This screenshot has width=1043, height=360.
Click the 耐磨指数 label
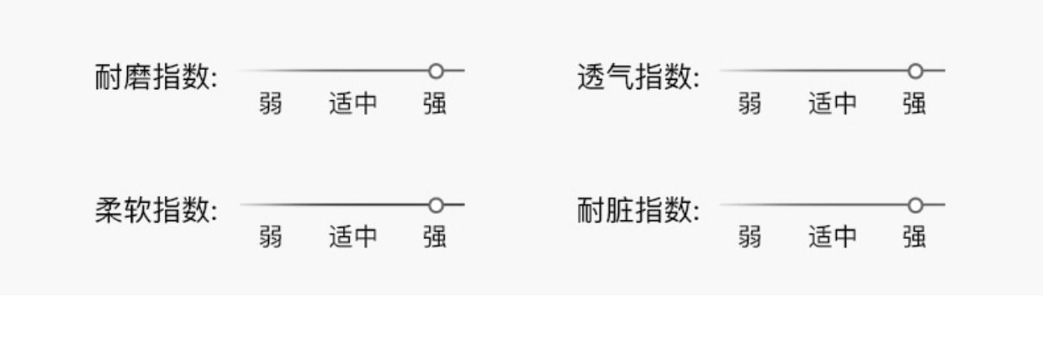pyautogui.click(x=156, y=77)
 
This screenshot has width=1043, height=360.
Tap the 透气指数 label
pyautogui.click(x=638, y=77)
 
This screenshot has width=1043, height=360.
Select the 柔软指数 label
pyautogui.click(x=156, y=210)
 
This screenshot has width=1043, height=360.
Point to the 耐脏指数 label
pyautogui.click(x=638, y=210)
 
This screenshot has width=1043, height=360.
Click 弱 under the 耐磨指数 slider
pyautogui.click(x=271, y=103)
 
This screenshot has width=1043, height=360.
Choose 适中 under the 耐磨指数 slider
pyautogui.click(x=353, y=103)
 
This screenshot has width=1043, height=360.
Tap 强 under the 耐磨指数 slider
pyautogui.click(x=435, y=103)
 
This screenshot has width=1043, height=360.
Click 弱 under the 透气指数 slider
pyautogui.click(x=749, y=103)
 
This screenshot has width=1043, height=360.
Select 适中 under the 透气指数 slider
pyautogui.click(x=833, y=103)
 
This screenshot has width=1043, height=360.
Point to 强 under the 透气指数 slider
pyautogui.click(x=914, y=103)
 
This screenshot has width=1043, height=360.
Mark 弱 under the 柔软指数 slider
pyautogui.click(x=271, y=237)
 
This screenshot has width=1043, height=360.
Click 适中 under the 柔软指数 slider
pyautogui.click(x=353, y=237)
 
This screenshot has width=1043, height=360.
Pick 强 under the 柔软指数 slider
pyautogui.click(x=435, y=237)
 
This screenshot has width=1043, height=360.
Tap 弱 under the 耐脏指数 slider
pyautogui.click(x=749, y=237)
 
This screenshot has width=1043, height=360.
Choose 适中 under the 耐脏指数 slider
pyautogui.click(x=833, y=237)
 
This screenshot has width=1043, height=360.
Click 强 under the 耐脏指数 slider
pyautogui.click(x=914, y=237)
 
